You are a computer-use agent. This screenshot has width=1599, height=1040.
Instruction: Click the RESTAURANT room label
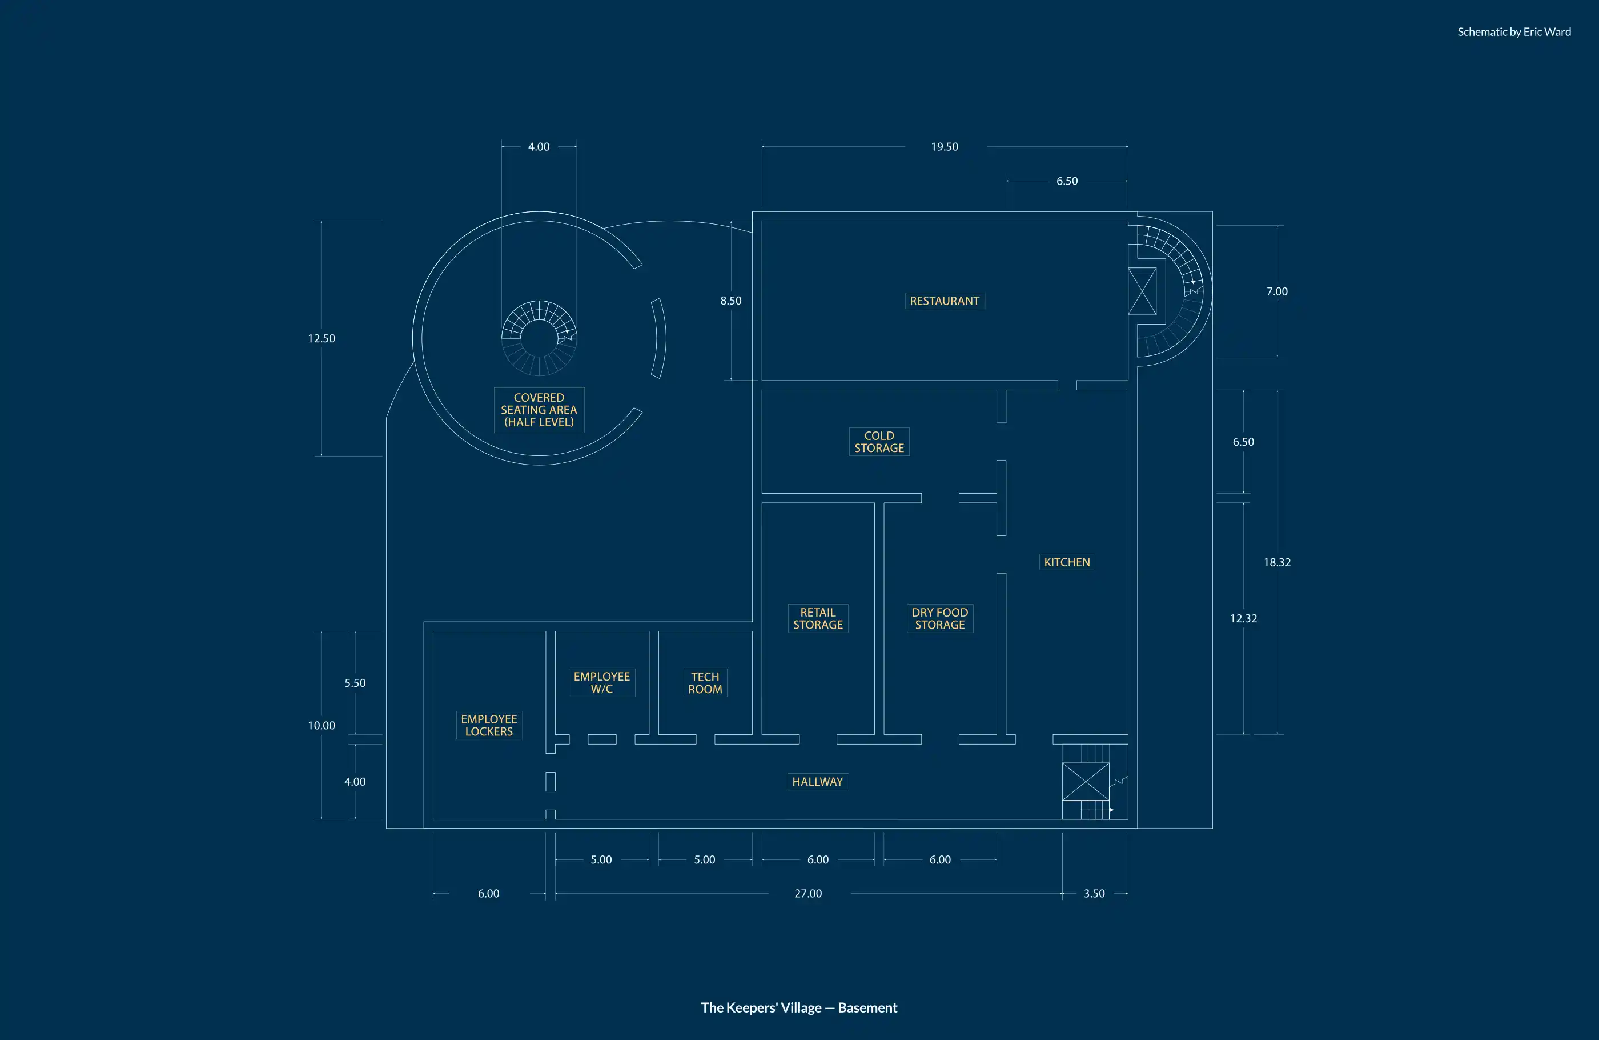coord(944,301)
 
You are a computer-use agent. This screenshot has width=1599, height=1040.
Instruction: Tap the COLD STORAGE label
coord(879,442)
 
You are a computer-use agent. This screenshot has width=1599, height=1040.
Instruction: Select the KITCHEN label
coord(1067,562)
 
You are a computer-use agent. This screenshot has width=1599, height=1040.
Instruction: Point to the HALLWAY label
coord(817,781)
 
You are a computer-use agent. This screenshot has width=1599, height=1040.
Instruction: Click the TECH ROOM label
coord(705,682)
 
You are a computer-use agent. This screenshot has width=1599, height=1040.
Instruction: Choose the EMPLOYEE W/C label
coord(601,682)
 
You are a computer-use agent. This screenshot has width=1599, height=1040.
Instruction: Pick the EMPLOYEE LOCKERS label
coord(488,725)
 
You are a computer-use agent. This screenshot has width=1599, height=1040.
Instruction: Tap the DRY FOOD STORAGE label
coord(939,618)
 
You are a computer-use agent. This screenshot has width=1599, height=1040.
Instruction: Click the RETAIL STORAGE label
coord(818,618)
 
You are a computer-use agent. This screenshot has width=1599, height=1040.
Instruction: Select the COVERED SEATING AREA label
coord(539,409)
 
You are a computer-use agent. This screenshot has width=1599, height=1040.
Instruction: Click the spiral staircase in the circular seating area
coord(539,338)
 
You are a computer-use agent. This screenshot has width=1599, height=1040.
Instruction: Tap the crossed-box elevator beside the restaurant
coord(1142,291)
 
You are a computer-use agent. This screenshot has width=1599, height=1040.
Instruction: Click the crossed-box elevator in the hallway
coord(1085,781)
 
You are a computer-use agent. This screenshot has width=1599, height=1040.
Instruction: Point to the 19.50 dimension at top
coord(944,146)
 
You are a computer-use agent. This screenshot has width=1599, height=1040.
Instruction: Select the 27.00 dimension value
coord(807,894)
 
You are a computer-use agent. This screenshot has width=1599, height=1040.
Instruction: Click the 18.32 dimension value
coord(1276,562)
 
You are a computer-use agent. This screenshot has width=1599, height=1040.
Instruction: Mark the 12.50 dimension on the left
coord(321,338)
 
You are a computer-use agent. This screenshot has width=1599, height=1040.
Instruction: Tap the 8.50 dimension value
coord(730,301)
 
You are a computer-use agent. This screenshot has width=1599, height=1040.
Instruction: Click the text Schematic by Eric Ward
coord(1514,31)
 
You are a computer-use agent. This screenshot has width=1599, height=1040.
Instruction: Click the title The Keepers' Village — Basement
coord(799,1007)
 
